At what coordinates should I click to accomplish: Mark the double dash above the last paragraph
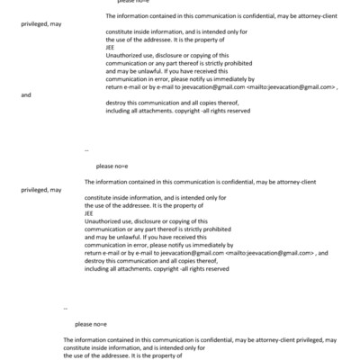point(66,308)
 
